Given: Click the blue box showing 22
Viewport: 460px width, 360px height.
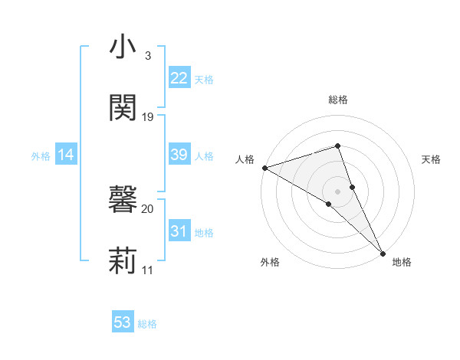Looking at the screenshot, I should pos(179,78).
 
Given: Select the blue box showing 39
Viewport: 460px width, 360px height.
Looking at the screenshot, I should pos(179,155).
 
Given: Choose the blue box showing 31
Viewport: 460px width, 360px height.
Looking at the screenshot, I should pos(179,231).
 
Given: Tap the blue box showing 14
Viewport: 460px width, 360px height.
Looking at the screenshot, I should pos(66,155).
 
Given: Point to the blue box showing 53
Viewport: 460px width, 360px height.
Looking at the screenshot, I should pos(123,322).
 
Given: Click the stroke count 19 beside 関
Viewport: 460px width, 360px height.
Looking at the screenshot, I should pos(148,117).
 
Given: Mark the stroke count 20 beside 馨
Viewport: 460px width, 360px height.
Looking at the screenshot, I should pos(148,208).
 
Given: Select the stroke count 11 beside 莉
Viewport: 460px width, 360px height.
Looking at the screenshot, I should pos(148,270).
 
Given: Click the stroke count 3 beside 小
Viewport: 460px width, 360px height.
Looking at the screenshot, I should pos(148,56).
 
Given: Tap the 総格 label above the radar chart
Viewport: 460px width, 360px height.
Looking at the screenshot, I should pos(338,100).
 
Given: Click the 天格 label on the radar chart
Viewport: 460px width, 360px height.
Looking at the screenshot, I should pos(432,159).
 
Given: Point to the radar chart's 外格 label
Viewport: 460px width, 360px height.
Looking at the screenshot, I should pos(270,262).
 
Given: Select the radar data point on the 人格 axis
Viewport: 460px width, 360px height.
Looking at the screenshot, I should pos(264,167).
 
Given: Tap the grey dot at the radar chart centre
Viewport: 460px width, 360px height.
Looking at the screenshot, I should pos(338,191).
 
